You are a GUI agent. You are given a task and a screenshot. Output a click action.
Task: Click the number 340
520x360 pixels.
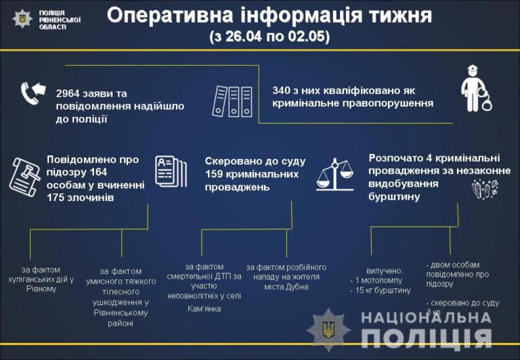pyautogui.click(x=282, y=90)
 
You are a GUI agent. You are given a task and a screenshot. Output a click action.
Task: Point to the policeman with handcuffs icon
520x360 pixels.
pyautogui.click(x=475, y=88)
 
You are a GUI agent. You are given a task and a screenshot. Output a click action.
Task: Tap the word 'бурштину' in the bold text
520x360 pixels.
pyautogui.click(x=394, y=197)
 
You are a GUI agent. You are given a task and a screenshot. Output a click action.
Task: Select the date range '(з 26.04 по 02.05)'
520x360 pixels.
pyautogui.click(x=269, y=37)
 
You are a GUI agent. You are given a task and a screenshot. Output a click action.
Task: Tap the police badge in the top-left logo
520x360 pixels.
pyautogui.click(x=22, y=19)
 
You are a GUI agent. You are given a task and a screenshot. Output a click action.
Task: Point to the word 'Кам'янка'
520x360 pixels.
pyautogui.click(x=204, y=309)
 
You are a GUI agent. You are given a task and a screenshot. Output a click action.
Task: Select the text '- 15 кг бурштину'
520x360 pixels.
pyautogui.click(x=381, y=290)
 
